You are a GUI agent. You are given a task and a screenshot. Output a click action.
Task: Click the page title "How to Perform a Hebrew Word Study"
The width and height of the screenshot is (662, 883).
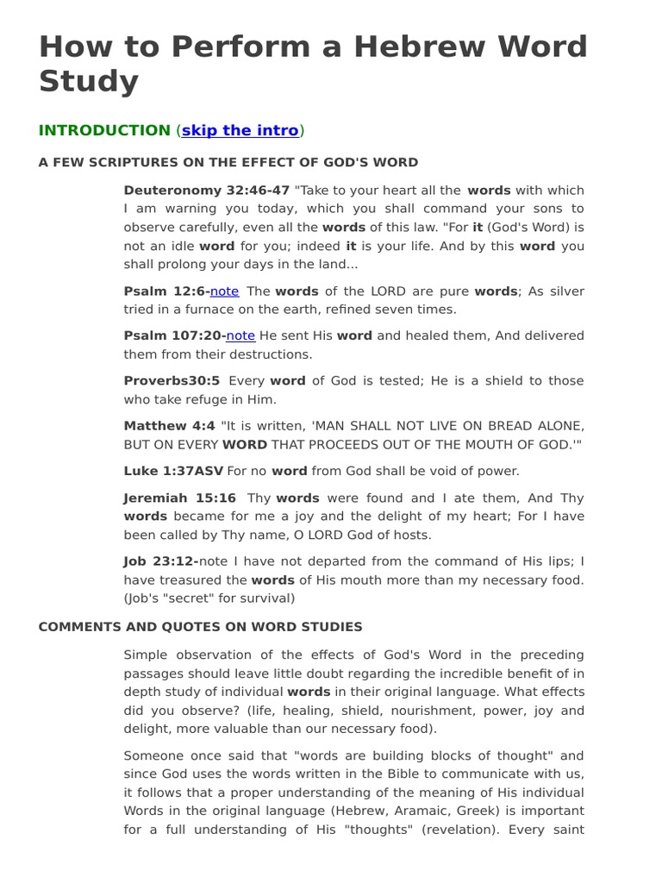[x=312, y=63]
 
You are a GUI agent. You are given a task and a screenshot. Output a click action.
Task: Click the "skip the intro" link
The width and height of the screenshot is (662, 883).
[x=240, y=130]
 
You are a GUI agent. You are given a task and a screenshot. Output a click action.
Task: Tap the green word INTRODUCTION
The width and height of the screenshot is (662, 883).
[x=104, y=130]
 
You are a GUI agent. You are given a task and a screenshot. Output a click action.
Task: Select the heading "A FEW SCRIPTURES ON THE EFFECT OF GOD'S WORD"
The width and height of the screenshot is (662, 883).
[x=228, y=162]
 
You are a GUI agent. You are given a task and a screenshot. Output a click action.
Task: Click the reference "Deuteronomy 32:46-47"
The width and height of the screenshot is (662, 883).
[x=207, y=191]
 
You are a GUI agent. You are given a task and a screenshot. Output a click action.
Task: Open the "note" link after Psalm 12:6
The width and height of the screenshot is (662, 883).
[x=224, y=291]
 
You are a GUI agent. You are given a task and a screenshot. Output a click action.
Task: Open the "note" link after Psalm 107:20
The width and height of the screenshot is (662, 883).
[x=240, y=335]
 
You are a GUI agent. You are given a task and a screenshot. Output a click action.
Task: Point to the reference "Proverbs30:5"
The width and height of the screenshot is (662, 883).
[x=172, y=381]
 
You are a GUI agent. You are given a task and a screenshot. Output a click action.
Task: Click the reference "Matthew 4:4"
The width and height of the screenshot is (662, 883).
[x=170, y=426]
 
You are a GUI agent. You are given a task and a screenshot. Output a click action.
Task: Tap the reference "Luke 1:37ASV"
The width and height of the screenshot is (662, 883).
[x=173, y=471]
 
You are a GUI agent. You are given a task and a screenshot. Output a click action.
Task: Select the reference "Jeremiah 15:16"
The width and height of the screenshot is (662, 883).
[x=179, y=498]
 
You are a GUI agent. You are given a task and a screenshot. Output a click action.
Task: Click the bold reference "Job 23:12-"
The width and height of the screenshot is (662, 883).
[x=161, y=561]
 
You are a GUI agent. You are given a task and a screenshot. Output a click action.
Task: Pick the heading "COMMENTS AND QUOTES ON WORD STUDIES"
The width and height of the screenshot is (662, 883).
[x=200, y=627]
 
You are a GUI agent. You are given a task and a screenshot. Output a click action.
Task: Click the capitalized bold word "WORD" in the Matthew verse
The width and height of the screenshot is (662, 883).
[x=245, y=445]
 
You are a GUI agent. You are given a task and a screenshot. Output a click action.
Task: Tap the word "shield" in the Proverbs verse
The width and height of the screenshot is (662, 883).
[x=490, y=381]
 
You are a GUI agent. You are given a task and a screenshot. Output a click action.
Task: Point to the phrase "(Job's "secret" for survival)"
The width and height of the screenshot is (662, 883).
[x=209, y=598]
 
